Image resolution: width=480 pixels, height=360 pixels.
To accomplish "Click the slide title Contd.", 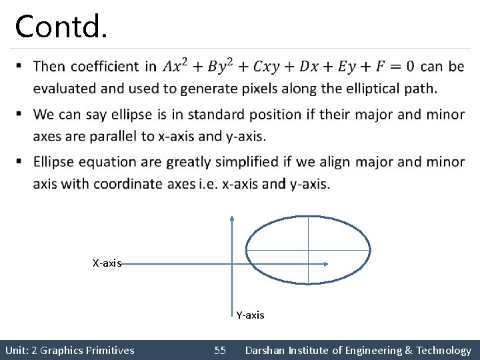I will point(61,27).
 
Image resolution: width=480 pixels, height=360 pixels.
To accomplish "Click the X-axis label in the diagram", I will point(107,263).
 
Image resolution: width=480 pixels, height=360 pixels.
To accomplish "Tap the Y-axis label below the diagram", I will point(250,315).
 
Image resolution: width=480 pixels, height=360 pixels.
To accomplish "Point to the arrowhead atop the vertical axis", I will point(231,217).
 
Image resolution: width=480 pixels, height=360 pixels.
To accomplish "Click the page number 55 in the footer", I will point(220,350).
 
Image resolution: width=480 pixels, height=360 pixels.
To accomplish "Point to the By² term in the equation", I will point(221,65).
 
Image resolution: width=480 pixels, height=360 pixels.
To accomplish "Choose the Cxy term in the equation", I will point(267,66).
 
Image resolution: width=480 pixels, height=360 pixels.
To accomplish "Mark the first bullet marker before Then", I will point(19,66).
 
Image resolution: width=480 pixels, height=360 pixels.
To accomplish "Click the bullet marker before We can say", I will point(19,114).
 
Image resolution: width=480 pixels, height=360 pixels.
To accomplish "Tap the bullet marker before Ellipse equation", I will point(19,161).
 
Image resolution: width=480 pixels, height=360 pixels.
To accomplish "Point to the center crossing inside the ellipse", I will point(308,250).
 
